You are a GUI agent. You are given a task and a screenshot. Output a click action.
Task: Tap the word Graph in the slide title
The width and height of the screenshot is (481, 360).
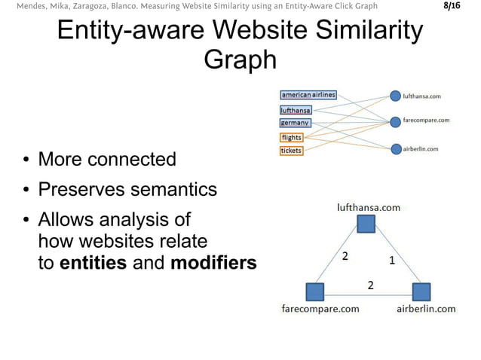[240, 59]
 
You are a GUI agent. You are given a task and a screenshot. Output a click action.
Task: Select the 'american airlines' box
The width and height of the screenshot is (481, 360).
[308, 95]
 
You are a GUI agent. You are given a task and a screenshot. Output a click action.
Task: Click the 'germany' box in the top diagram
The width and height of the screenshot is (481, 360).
[294, 123]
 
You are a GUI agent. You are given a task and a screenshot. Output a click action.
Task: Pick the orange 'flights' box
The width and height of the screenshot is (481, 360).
[292, 137]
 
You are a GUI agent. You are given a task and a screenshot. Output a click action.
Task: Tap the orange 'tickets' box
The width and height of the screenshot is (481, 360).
[291, 151]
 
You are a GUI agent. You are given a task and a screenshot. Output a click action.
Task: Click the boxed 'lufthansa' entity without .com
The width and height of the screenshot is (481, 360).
[296, 110]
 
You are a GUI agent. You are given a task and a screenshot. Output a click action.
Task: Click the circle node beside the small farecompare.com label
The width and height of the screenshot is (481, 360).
[395, 121]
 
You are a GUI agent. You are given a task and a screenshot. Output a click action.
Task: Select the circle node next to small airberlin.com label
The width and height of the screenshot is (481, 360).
[395, 149]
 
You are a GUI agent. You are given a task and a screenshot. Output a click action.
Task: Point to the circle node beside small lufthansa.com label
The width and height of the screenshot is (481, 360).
[395, 96]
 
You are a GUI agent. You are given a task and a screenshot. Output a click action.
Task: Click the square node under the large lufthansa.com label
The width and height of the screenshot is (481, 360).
[366, 224]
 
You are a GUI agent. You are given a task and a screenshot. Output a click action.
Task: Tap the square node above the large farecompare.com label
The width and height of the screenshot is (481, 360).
[315, 291]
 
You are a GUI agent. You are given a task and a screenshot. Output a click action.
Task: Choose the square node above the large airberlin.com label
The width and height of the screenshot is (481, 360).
[421, 291]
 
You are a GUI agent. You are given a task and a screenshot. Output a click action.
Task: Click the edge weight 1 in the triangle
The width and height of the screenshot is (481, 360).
[391, 261]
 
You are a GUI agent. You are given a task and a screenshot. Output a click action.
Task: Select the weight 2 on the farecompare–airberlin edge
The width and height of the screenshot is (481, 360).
[370, 285]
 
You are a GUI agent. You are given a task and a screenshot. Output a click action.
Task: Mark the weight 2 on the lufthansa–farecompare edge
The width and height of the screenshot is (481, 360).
[345, 256]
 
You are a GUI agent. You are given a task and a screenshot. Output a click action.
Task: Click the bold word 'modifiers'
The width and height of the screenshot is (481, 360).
[213, 263]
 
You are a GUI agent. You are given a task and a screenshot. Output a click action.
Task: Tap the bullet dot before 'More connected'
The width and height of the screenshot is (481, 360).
[26, 160]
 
